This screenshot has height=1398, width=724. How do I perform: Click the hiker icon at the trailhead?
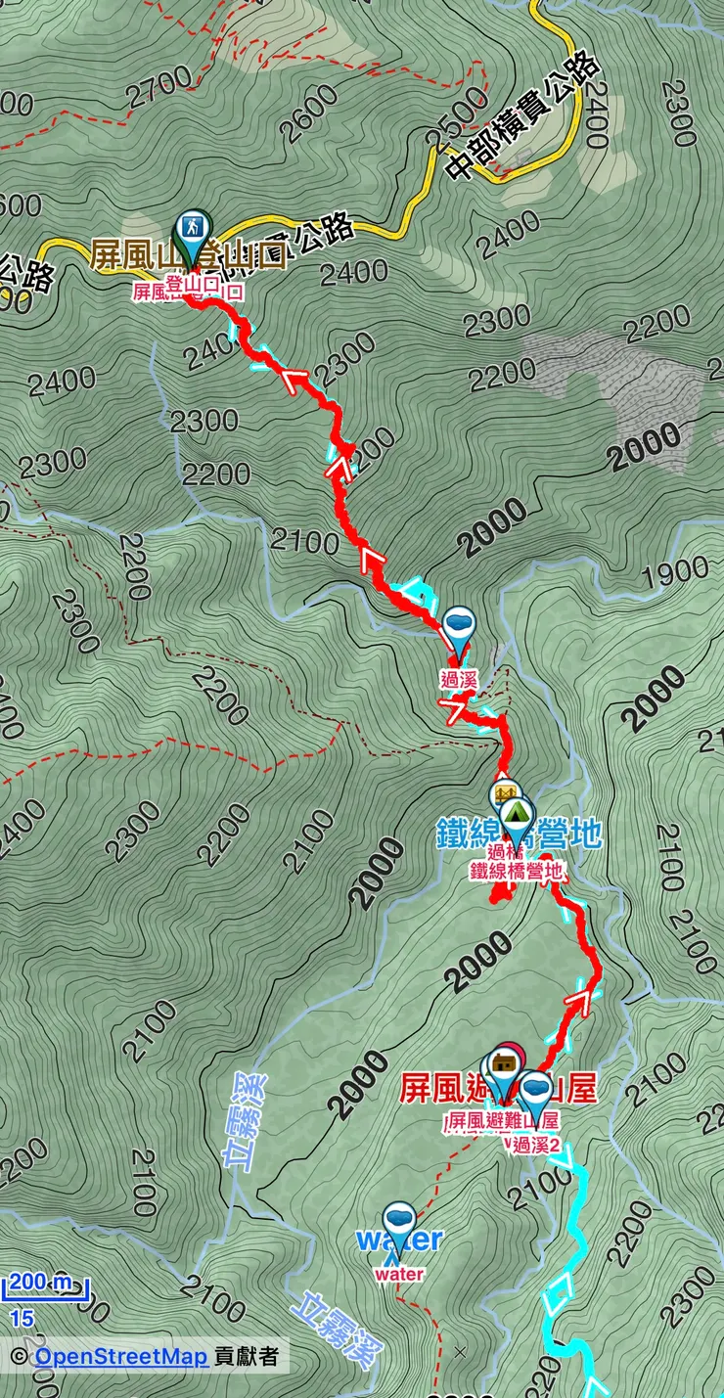pos(192,227)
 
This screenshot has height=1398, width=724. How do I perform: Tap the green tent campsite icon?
pos(516,813)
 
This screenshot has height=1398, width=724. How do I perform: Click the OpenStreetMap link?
pos(120,1357)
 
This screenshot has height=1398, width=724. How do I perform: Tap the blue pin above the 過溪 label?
pos(458,624)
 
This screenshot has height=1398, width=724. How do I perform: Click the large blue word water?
pos(399,1240)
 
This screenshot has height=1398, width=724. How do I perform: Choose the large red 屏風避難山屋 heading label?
pos(499,1090)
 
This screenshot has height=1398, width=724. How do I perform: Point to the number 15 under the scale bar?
pos(21,1319)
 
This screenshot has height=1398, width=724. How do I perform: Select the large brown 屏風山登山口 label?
pos(188,257)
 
